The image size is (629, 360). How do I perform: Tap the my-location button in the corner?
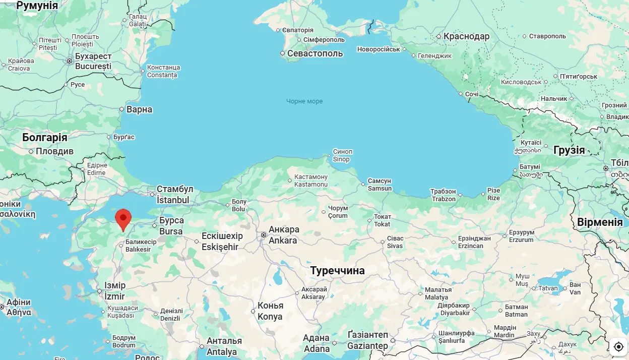(x=618, y=347)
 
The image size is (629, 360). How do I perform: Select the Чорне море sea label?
(x=304, y=101)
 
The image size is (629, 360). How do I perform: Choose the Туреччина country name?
(x=337, y=271)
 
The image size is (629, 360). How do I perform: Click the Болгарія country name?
(x=44, y=138)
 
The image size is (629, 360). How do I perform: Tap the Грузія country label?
(x=569, y=150)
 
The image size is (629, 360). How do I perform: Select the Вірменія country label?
(x=600, y=222)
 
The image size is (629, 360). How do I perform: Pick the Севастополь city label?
(x=315, y=53)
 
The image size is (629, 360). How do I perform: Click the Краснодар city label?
(x=466, y=36)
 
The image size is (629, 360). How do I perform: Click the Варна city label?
(x=139, y=109)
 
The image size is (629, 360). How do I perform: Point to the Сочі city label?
(x=472, y=94)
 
